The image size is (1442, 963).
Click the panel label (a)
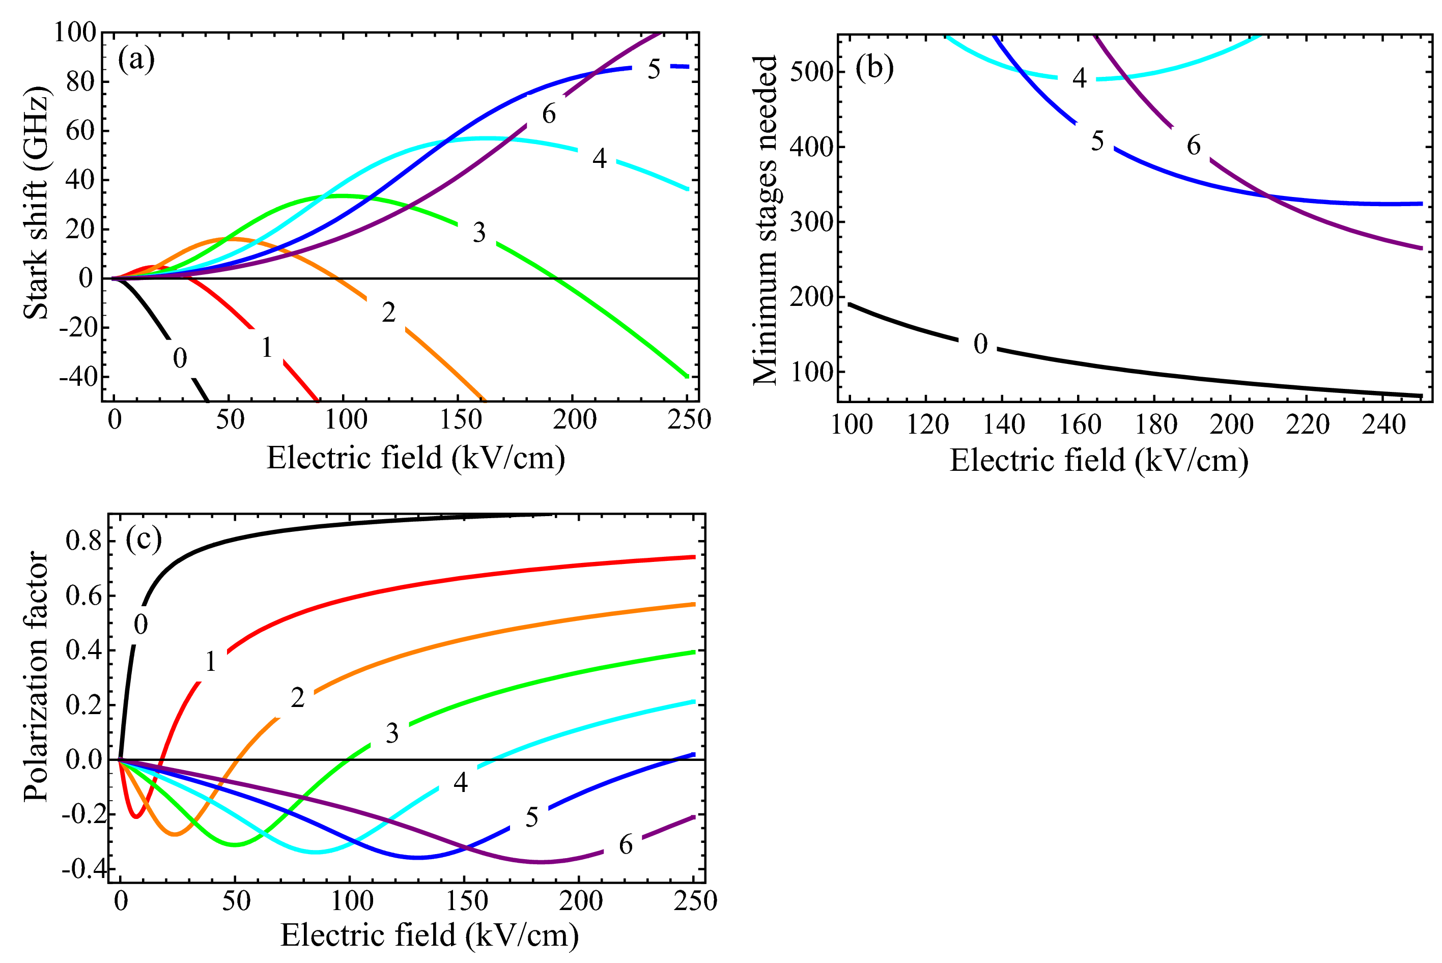[136, 60]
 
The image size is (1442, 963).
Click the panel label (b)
[874, 68]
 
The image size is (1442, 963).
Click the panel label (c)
[143, 539]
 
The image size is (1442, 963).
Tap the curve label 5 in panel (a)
[654, 69]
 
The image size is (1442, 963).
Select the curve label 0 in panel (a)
[179, 358]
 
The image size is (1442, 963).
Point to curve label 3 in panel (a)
[479, 232]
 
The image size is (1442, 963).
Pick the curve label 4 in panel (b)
[1079, 78]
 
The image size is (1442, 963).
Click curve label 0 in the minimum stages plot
[980, 344]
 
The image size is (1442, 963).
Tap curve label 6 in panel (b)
[1193, 146]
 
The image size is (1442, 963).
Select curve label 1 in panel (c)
[211, 662]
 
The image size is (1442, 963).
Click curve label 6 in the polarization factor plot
[625, 844]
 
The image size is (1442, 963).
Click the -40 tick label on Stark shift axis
[78, 377]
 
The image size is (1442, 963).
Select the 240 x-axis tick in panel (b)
[1383, 424]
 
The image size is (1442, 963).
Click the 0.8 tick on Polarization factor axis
[83, 541]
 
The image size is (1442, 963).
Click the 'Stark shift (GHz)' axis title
[36, 203]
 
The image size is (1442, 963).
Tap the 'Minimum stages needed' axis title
[765, 220]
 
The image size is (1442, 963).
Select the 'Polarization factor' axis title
[36, 675]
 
